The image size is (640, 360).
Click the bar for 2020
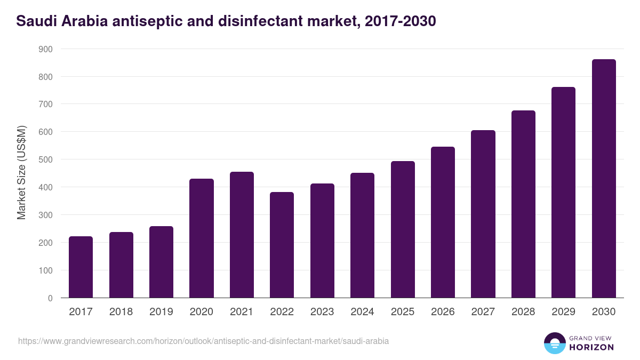(202, 238)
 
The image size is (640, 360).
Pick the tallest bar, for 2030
(604, 178)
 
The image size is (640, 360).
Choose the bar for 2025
(403, 229)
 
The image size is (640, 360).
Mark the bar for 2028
(523, 204)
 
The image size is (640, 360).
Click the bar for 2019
(161, 262)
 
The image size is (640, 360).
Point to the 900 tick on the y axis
(46, 49)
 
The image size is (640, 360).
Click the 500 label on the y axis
(46, 159)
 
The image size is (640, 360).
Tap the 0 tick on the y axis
(50, 298)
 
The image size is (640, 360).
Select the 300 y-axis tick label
(46, 215)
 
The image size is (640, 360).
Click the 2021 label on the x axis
(242, 312)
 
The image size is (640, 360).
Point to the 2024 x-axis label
(362, 312)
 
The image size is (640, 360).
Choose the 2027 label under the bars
(483, 312)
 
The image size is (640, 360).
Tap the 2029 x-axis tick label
(563, 312)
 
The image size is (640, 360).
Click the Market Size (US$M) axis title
(21, 173)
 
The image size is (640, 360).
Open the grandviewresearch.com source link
(203, 341)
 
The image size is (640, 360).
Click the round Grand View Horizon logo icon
(555, 343)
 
